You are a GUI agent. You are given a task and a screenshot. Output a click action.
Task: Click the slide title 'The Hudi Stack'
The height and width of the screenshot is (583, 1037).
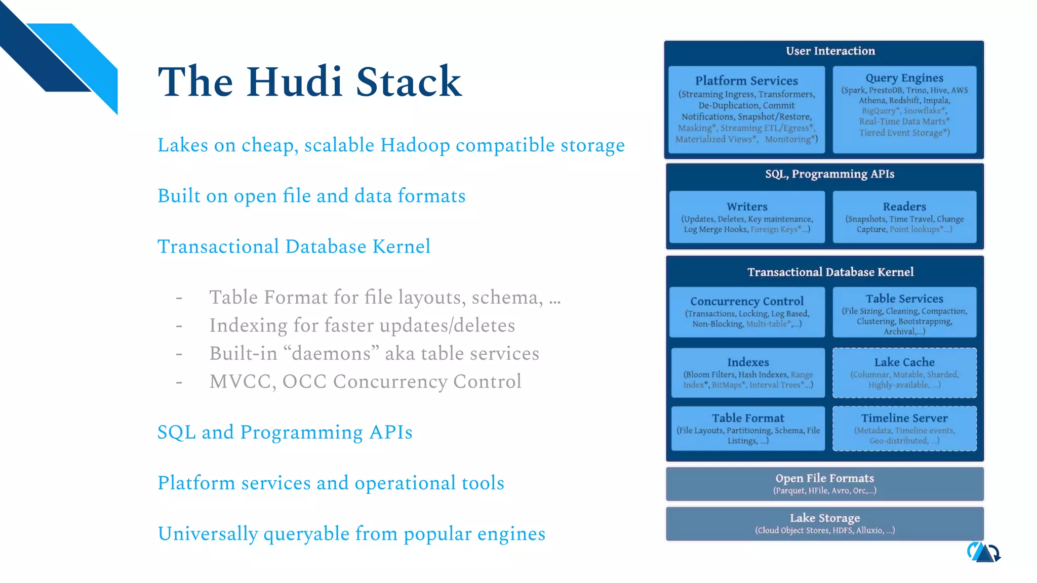click(309, 82)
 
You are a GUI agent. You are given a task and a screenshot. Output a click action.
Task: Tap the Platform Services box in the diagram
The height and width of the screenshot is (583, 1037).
click(746, 109)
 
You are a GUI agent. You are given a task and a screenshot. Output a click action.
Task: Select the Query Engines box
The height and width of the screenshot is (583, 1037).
click(904, 109)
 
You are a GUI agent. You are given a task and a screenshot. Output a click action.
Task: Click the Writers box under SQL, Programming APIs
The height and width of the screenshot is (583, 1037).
click(747, 217)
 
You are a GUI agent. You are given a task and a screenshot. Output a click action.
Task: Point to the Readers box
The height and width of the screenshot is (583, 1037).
click(904, 217)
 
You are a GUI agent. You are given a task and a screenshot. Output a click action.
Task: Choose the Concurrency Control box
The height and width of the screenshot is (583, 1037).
click(747, 312)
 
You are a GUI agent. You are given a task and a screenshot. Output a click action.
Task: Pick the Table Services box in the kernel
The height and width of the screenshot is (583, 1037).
click(904, 312)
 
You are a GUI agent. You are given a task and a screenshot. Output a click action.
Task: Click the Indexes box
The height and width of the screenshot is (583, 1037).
click(748, 372)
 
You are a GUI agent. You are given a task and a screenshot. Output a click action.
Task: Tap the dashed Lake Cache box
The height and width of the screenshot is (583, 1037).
click(904, 372)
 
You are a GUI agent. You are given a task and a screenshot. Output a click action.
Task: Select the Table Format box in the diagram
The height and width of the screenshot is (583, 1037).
click(748, 428)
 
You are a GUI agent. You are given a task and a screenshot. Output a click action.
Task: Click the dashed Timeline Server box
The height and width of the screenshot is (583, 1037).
click(904, 428)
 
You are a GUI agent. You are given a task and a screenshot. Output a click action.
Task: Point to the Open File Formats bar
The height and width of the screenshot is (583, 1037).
click(824, 483)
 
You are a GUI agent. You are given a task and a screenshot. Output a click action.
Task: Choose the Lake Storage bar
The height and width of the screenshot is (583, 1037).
click(824, 523)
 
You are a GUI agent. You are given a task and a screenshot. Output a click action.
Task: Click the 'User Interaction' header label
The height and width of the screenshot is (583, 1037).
click(830, 51)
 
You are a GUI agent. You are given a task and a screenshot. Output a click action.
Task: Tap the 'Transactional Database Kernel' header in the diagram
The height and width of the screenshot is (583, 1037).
click(830, 272)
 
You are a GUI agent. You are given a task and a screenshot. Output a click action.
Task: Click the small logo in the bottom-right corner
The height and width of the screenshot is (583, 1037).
click(983, 552)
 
